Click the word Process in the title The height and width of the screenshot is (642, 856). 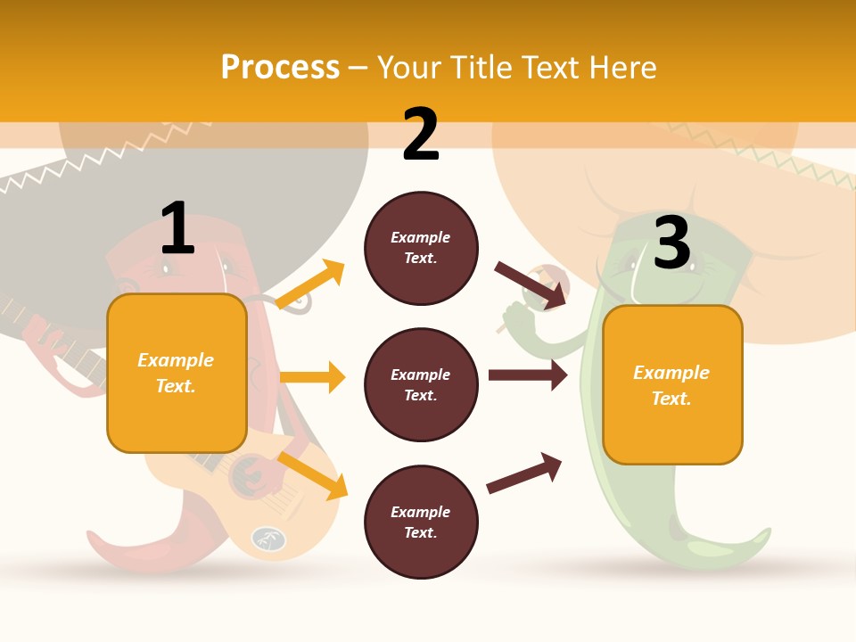(x=280, y=67)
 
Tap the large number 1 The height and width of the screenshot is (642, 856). (x=177, y=227)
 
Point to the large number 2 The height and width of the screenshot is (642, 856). (x=421, y=134)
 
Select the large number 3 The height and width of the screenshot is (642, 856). (x=672, y=242)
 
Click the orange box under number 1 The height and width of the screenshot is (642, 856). (x=177, y=373)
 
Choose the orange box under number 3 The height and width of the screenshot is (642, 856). (x=672, y=385)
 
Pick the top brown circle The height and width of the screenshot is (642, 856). (x=421, y=248)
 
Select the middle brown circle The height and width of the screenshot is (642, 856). (x=421, y=385)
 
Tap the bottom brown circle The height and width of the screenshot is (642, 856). (x=421, y=523)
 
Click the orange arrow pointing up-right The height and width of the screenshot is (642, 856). (x=310, y=284)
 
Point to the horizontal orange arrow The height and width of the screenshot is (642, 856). (x=312, y=377)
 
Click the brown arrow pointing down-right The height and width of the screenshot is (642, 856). (x=530, y=284)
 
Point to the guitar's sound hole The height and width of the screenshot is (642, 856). (x=245, y=477)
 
